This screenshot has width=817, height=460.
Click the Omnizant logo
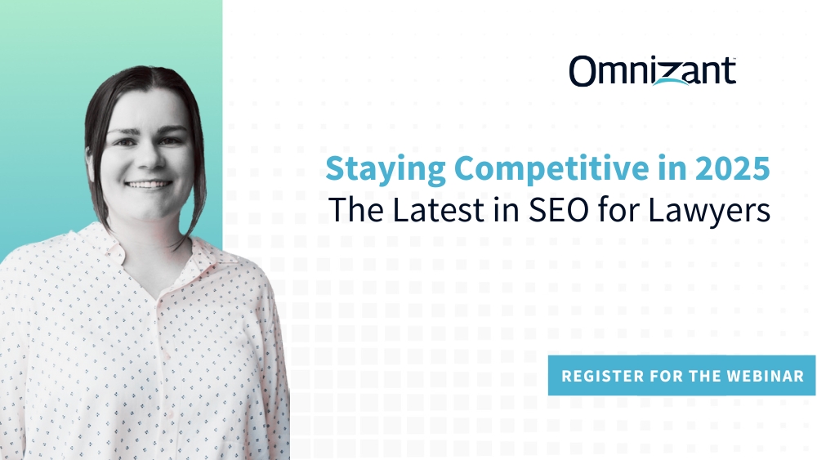652,71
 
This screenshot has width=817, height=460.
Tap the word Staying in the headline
373,169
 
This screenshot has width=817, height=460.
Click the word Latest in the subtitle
432,210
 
